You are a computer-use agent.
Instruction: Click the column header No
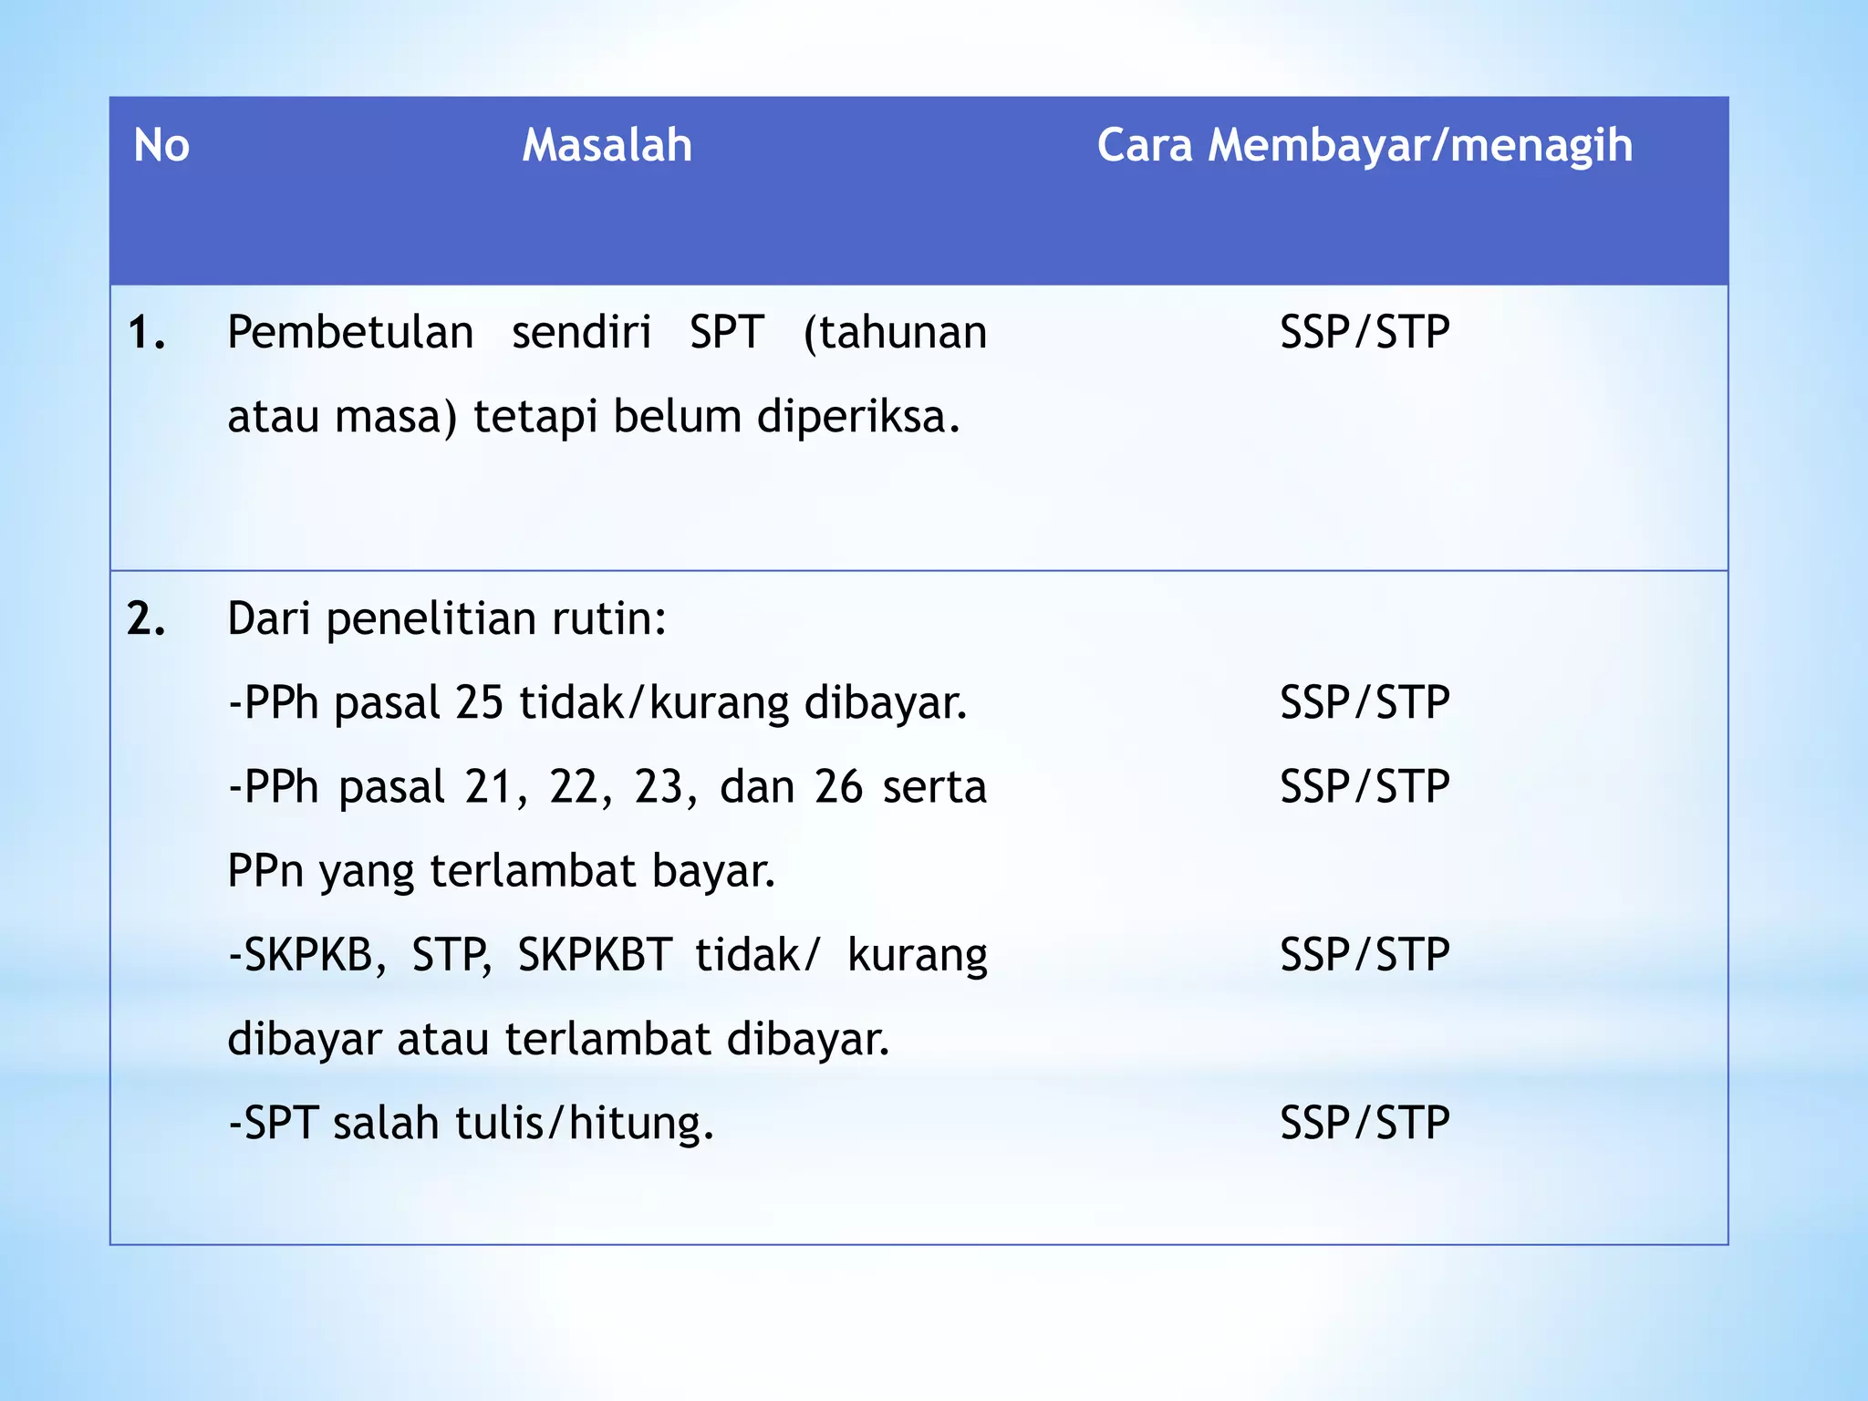[x=161, y=146]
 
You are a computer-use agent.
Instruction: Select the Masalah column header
[x=607, y=146]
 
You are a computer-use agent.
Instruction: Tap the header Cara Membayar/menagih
[x=1365, y=146]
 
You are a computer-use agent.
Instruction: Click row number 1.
[x=146, y=333]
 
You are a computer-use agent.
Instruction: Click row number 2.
[x=146, y=619]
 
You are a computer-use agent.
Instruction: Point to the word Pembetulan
[x=350, y=333]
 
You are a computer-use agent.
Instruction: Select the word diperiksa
[x=858, y=418]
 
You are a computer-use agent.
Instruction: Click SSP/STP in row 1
[x=1365, y=333]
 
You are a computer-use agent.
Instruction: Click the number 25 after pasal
[x=479, y=703]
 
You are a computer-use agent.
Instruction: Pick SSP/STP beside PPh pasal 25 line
[x=1365, y=703]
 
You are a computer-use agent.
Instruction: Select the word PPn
[x=265, y=871]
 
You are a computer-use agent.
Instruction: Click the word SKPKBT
[x=595, y=956]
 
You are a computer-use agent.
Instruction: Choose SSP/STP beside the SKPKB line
[x=1365, y=956]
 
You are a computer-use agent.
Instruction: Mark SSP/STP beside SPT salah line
[x=1365, y=1124]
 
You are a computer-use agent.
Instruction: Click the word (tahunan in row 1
[x=895, y=333]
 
